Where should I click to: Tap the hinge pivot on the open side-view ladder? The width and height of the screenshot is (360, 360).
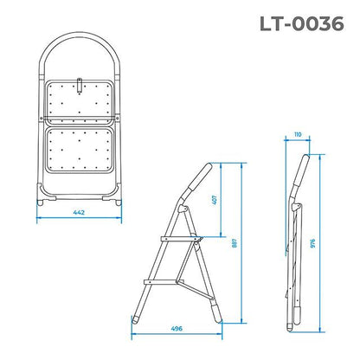[x=180, y=209]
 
